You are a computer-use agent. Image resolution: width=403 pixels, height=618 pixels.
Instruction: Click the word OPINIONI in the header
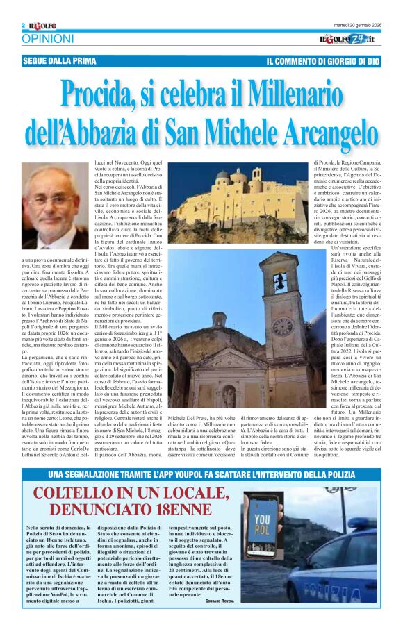pos(47,39)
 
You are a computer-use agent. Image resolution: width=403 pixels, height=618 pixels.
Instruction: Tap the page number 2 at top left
pos(24,26)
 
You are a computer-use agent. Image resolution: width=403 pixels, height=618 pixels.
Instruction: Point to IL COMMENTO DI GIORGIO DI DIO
pos(322,61)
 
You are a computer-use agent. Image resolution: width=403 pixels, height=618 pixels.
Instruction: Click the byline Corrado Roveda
pos(221,600)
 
